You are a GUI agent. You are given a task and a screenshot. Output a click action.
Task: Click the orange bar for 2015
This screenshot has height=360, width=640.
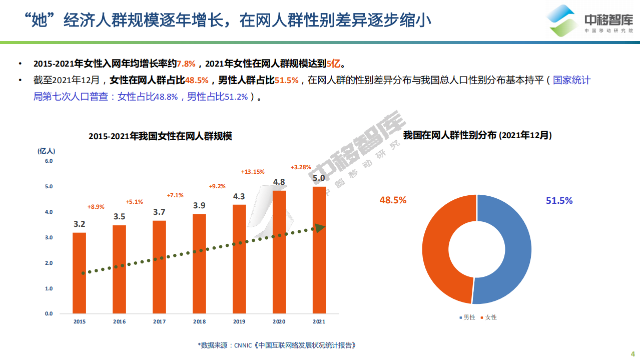pos(79,273)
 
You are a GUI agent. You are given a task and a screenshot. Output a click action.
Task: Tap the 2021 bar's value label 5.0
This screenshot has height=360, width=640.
pos(319,178)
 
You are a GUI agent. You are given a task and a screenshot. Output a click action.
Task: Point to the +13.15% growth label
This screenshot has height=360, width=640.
pos(253,172)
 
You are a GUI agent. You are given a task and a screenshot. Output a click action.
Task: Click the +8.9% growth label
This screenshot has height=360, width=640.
pos(96,206)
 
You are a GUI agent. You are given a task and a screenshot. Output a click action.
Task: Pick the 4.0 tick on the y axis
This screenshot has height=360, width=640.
pos(49,212)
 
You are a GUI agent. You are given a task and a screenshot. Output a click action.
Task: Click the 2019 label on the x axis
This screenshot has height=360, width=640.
pos(239,322)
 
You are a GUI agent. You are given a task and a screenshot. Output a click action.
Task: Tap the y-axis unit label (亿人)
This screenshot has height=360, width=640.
pos(47,150)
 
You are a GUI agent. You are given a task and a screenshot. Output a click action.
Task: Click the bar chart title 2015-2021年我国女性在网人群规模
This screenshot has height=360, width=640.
pos(160,136)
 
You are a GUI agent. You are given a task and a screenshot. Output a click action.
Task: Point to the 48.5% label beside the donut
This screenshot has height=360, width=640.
pos(393,200)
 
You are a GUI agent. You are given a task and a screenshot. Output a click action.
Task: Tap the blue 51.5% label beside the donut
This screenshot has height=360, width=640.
pos(559,201)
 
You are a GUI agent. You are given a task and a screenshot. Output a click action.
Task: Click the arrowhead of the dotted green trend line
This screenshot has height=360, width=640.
pos(319,228)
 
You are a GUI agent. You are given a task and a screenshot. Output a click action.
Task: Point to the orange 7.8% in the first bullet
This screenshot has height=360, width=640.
pos(186,64)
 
